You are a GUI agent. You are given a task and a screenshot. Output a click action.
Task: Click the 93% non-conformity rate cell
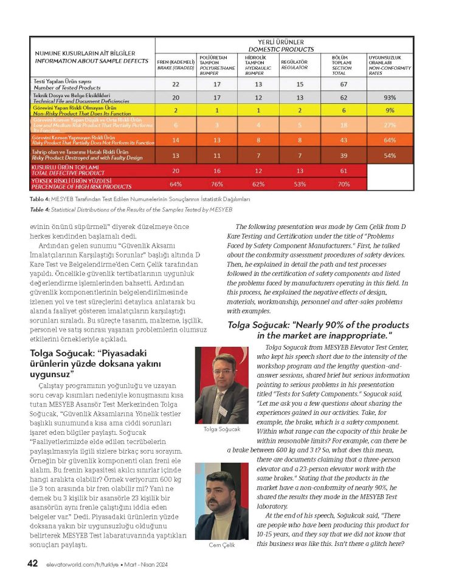390,97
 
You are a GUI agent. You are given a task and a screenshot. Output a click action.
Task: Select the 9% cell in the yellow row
390,111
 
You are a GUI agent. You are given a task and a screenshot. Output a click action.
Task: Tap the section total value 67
344,84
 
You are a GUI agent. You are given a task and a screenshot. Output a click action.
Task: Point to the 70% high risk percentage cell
344,184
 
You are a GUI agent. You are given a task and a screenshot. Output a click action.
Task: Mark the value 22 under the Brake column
176,84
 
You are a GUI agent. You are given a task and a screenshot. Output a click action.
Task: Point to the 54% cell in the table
390,155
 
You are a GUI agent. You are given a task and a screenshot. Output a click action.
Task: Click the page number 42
33,564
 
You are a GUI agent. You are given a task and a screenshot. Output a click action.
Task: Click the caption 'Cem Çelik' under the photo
222,545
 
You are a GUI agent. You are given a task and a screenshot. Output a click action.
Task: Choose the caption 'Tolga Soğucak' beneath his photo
221,429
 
